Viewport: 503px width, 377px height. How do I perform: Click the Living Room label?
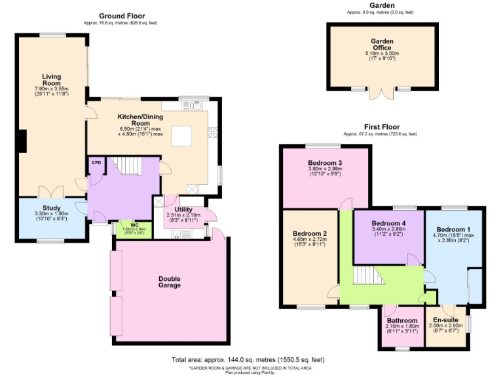[x=52, y=80]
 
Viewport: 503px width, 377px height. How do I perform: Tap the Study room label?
[x=52, y=207]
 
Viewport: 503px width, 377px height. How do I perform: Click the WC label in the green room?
[x=134, y=225]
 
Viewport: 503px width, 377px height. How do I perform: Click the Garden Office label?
[x=381, y=44]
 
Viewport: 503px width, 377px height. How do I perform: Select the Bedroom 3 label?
[x=326, y=163]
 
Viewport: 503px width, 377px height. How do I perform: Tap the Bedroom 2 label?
[x=310, y=234]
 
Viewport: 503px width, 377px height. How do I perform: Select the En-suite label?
[x=445, y=320]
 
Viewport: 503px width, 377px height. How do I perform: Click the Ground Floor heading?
[x=122, y=16]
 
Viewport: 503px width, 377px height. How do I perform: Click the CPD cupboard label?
[x=96, y=163]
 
